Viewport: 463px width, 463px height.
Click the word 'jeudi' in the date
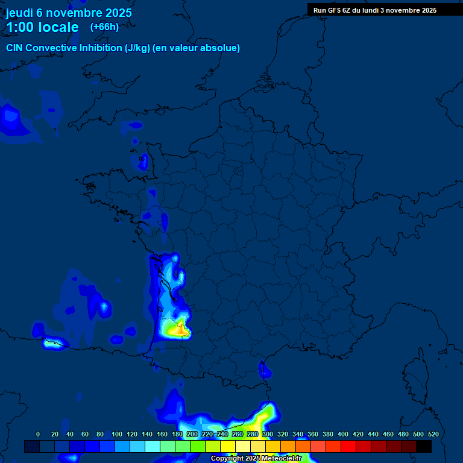[x=19, y=13]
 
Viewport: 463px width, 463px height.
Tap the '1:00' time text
[x=20, y=27]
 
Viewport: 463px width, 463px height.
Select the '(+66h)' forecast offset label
[x=104, y=27]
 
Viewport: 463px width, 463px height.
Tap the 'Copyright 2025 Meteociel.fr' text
[x=256, y=458]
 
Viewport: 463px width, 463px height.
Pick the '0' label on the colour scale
[x=38, y=434]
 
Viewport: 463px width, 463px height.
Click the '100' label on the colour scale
[x=117, y=434]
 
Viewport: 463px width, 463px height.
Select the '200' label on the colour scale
[x=192, y=434]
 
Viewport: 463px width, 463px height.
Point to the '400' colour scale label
[x=343, y=434]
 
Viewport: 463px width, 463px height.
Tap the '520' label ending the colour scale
[x=433, y=434]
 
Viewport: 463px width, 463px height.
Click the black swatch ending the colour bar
[x=424, y=446]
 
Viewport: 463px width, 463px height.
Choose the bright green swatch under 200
[x=197, y=446]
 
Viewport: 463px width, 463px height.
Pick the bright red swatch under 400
[x=348, y=446]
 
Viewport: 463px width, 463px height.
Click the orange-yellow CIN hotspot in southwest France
[x=179, y=329]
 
